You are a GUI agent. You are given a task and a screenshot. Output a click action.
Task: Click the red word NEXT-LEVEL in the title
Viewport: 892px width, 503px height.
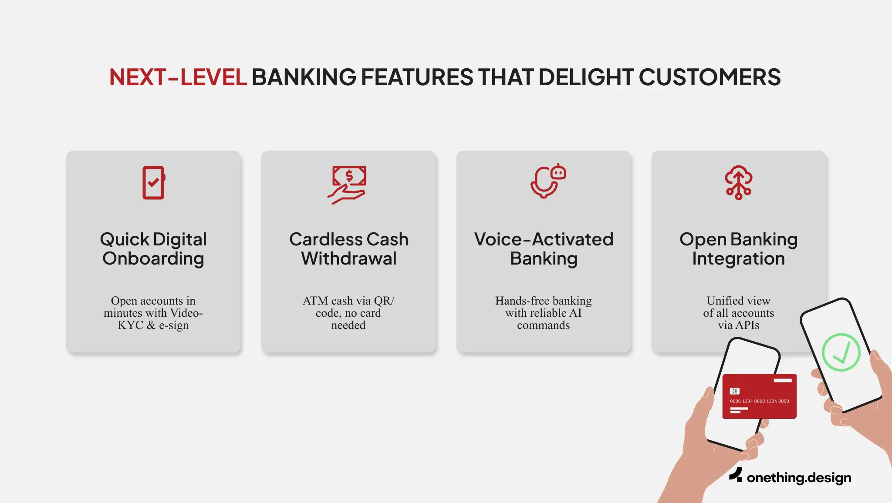pyautogui.click(x=178, y=77)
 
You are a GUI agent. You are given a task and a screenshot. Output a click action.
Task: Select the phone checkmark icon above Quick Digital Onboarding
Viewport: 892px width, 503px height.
pyautogui.click(x=153, y=183)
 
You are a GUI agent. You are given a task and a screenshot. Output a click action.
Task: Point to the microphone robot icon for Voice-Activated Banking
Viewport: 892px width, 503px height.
pyautogui.click(x=548, y=181)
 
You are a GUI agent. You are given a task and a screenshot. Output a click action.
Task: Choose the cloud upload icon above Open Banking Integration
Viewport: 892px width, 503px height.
pyautogui.click(x=738, y=182)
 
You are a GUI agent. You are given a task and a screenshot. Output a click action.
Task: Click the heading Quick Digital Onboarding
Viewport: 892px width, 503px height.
pyautogui.click(x=153, y=249)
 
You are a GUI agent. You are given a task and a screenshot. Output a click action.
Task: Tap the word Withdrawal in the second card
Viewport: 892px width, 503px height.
pyautogui.click(x=348, y=259)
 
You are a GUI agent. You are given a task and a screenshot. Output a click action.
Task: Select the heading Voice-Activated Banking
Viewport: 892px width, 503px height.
pyautogui.click(x=544, y=249)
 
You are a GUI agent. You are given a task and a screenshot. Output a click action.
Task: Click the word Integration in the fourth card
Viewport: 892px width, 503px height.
pyautogui.click(x=738, y=259)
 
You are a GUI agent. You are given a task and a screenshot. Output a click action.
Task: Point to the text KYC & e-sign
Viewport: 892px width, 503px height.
pyautogui.click(x=153, y=325)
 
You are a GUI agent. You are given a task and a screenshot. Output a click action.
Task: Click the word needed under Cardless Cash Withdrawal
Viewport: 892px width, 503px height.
pyautogui.click(x=348, y=325)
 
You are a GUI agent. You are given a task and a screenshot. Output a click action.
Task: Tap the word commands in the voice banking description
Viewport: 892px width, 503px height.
pyautogui.click(x=543, y=325)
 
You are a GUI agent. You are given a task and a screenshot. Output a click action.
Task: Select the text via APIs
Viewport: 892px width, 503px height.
pyautogui.click(x=738, y=325)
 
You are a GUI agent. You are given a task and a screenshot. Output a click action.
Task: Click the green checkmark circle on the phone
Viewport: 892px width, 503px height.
pyautogui.click(x=841, y=352)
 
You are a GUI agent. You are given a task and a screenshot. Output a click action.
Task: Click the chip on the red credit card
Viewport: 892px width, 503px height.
pyautogui.click(x=735, y=391)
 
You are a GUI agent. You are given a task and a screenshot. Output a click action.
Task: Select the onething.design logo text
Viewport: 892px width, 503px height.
pyautogui.click(x=799, y=478)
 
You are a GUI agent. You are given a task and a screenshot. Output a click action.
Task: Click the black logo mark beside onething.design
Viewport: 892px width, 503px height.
pyautogui.click(x=736, y=475)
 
